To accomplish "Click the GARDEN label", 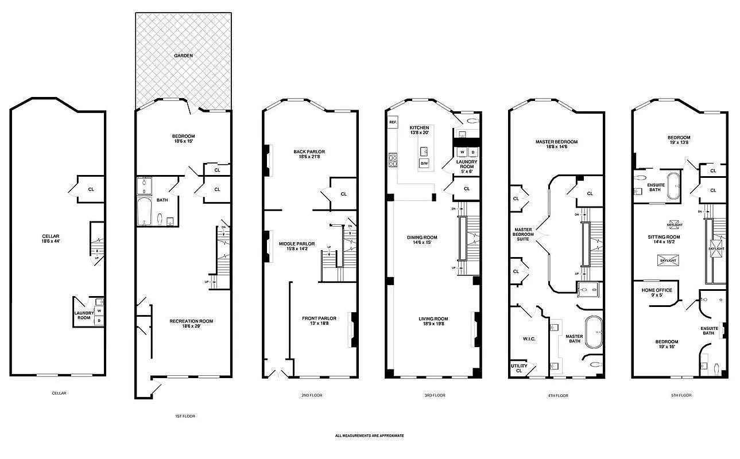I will (184, 56).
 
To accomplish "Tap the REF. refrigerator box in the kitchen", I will (393, 123).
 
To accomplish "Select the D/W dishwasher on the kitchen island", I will (424, 164).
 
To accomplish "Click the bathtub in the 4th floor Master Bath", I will (595, 326).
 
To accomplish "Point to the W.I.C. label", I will (529, 339).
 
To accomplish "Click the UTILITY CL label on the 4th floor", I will (519, 368).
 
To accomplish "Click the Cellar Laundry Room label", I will (84, 315).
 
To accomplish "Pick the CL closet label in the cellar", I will (91, 189).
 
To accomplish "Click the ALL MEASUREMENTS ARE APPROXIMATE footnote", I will (369, 435).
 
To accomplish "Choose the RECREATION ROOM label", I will (191, 321).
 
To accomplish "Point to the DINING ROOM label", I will (422, 238).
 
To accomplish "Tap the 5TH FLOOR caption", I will (680, 395).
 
